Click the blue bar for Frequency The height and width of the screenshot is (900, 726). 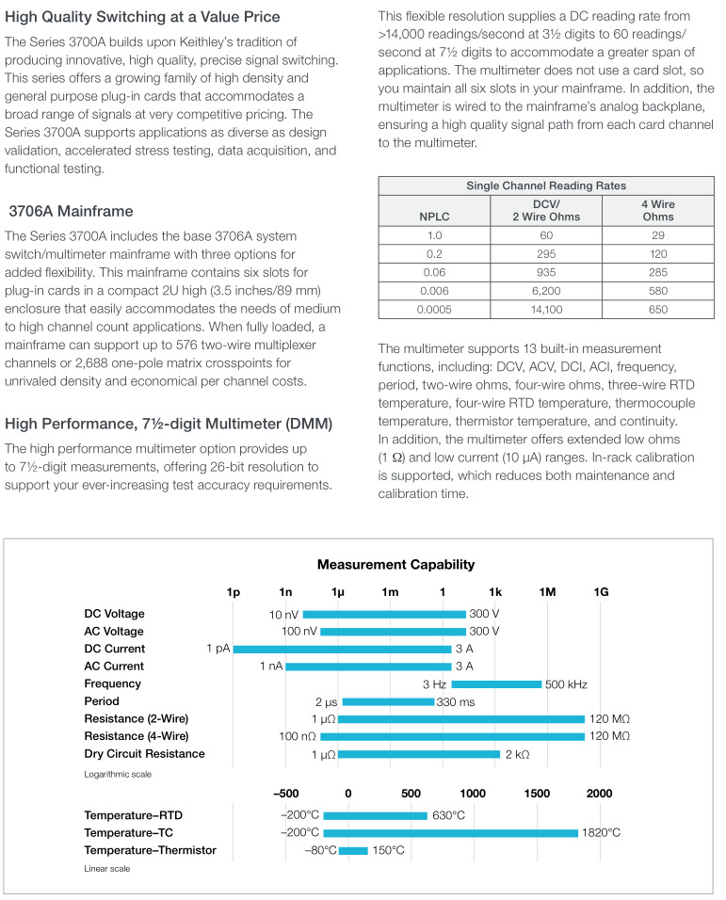[x=496, y=684]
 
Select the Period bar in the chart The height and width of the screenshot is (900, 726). [x=388, y=701]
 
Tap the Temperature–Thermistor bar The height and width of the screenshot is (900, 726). [x=353, y=851]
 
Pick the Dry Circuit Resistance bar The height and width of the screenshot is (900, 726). [x=419, y=754]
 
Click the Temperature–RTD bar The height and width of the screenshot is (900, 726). [x=376, y=815]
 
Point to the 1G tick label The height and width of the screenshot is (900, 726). [x=601, y=592]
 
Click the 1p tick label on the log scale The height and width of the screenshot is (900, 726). [x=233, y=592]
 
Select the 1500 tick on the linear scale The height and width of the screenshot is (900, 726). [x=537, y=794]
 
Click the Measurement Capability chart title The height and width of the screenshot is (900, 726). [x=396, y=565]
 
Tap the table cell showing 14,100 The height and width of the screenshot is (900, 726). [x=546, y=310]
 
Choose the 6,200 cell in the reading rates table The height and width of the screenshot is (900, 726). [x=546, y=291]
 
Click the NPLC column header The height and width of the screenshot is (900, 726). [x=434, y=217]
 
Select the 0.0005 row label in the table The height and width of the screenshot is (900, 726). [x=434, y=310]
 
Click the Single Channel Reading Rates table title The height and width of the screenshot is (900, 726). [x=546, y=185]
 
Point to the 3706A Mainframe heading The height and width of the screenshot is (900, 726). [x=71, y=211]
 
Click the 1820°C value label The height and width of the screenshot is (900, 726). [x=601, y=833]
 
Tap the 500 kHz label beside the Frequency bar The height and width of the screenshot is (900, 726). [x=566, y=684]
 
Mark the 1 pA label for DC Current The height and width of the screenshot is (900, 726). [x=218, y=649]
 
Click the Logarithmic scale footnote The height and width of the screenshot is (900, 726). [x=118, y=774]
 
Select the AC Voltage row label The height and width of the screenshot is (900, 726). [x=114, y=632]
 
